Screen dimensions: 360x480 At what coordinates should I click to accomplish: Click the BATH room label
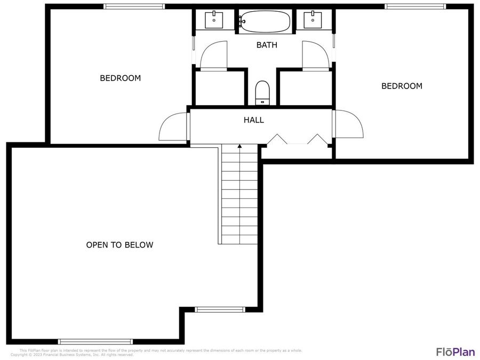pos(267,45)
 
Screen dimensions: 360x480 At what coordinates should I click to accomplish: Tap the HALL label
pos(254,120)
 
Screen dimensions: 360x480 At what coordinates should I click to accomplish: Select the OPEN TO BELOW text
pos(119,245)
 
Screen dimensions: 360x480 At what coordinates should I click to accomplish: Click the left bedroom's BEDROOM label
pos(121,78)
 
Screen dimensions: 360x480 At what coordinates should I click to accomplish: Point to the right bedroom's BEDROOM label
pos(402,86)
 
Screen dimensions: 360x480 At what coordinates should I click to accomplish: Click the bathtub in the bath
pos(265,22)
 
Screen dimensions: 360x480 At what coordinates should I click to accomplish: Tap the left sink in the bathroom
pos(214,20)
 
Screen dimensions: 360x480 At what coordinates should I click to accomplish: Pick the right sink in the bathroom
pos(312,20)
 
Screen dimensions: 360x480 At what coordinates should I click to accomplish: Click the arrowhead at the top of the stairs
pos(240,146)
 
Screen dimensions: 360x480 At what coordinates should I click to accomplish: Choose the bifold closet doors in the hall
pos(298,140)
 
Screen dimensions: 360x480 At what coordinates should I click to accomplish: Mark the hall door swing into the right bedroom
pos(348,125)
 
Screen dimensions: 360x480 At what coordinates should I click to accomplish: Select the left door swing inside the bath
pos(213,55)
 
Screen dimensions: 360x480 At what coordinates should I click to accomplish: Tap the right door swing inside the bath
pos(315,55)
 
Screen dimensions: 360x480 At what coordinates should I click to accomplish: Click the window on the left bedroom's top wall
pos(134,7)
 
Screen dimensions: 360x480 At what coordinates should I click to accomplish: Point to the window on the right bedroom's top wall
pos(415,7)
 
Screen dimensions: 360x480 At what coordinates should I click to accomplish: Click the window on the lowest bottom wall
pos(95,341)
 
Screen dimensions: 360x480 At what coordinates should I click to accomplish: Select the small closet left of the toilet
pos(219,88)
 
